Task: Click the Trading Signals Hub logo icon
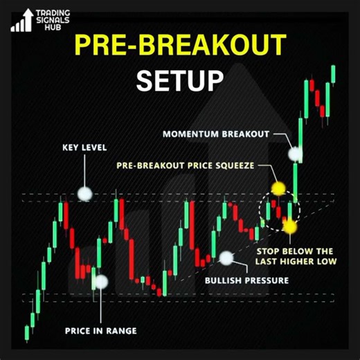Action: (x=21, y=21)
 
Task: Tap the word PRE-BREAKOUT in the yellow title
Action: (x=179, y=46)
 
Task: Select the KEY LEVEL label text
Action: (x=85, y=147)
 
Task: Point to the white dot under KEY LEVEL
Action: (x=85, y=194)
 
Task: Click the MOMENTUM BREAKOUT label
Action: (x=215, y=133)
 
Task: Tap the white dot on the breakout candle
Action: (x=296, y=154)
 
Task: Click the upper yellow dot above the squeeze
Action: (x=278, y=188)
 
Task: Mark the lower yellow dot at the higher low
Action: (x=289, y=226)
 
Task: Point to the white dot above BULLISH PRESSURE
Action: (x=226, y=259)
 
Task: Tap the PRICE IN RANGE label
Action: (x=101, y=331)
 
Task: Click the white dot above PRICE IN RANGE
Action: (x=101, y=282)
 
